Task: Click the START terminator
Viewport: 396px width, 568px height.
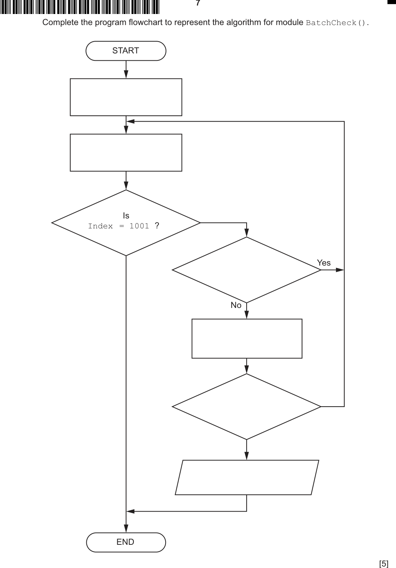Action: [x=126, y=51]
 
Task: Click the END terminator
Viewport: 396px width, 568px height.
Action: [x=126, y=542]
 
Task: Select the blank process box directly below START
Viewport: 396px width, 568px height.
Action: [x=126, y=97]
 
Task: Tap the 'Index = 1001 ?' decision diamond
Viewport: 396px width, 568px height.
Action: [x=126, y=222]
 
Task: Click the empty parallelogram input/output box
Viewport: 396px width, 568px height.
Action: [x=247, y=477]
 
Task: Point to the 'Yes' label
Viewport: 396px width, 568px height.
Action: [x=324, y=263]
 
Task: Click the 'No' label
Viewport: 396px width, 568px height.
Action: [x=236, y=305]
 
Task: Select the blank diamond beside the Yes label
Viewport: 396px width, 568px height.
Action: [x=246, y=270]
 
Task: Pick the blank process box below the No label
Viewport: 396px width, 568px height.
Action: [x=247, y=339]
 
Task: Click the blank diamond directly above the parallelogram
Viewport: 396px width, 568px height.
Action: [x=246, y=407]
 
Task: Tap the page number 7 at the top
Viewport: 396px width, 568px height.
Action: [x=198, y=3]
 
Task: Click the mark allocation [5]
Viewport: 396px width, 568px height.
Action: [x=383, y=564]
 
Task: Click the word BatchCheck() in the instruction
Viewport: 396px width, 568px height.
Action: [x=337, y=23]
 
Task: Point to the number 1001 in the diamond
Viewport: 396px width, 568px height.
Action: [x=139, y=226]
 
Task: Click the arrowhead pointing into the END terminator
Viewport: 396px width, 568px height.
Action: [x=126, y=529]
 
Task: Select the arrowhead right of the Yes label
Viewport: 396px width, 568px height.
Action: [x=340, y=270]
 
